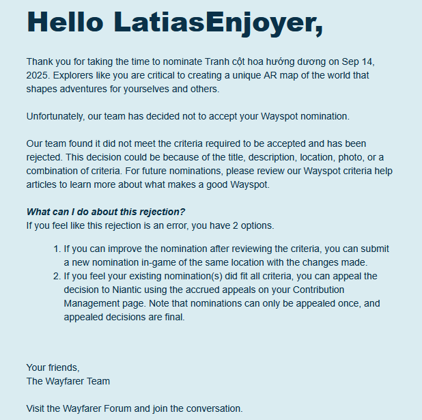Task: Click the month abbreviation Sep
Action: point(351,61)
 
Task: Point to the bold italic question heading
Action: point(106,212)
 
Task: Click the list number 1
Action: point(56,249)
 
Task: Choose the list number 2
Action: point(56,276)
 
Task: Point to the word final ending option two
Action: point(172,317)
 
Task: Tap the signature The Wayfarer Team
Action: point(68,381)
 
